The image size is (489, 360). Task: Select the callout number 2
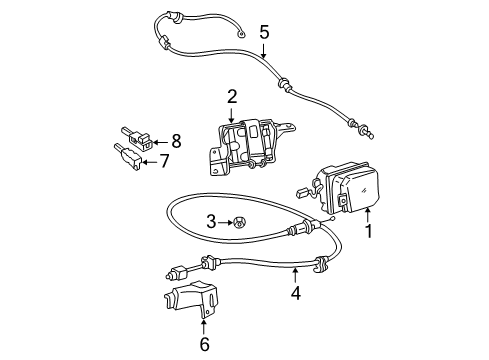231,96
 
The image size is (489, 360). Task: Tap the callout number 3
211,221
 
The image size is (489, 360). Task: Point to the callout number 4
295,293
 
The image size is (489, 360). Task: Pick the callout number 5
264,33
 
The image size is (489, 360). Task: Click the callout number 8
177,141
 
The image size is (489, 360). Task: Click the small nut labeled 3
239,221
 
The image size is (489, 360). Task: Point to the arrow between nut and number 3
225,221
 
